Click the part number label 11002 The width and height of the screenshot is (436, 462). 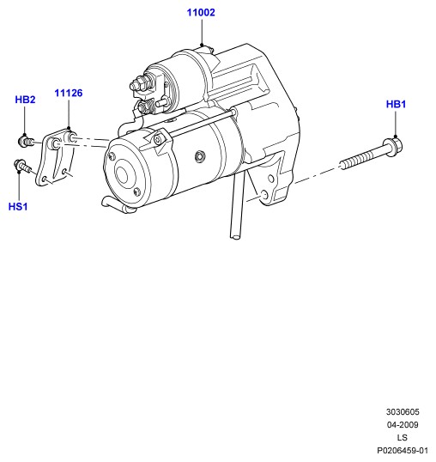pos(201,12)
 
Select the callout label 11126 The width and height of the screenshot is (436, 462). pos(69,93)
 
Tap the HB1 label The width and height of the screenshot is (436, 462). pos(396,104)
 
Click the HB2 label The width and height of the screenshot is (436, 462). pos(25,100)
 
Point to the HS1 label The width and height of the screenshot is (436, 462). pos(18,207)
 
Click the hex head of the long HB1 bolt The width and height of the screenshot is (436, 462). pos(394,147)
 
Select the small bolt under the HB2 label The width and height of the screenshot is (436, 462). pos(26,142)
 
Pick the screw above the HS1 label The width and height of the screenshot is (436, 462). pos(22,166)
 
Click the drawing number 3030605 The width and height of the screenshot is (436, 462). pos(403,412)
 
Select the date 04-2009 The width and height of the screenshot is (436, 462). pos(403,425)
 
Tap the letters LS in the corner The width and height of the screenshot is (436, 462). pos(403,438)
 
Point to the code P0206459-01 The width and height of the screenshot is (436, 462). pos(403,451)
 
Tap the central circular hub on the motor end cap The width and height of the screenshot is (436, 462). pos(122,174)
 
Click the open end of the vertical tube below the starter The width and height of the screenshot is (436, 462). pos(235,236)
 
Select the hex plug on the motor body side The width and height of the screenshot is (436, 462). pos(200,156)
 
